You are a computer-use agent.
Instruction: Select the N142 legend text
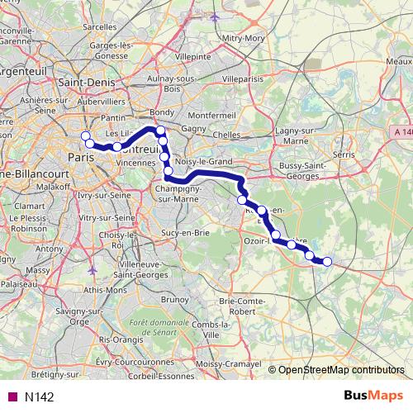[40, 396]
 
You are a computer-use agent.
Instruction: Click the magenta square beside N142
[12, 396]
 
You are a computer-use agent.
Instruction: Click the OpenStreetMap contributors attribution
[340, 369]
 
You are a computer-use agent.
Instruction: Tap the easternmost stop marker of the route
[326, 262]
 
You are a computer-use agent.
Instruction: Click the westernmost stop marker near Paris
[84, 136]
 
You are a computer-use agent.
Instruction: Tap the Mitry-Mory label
[243, 37]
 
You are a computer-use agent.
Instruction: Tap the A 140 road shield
[401, 132]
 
